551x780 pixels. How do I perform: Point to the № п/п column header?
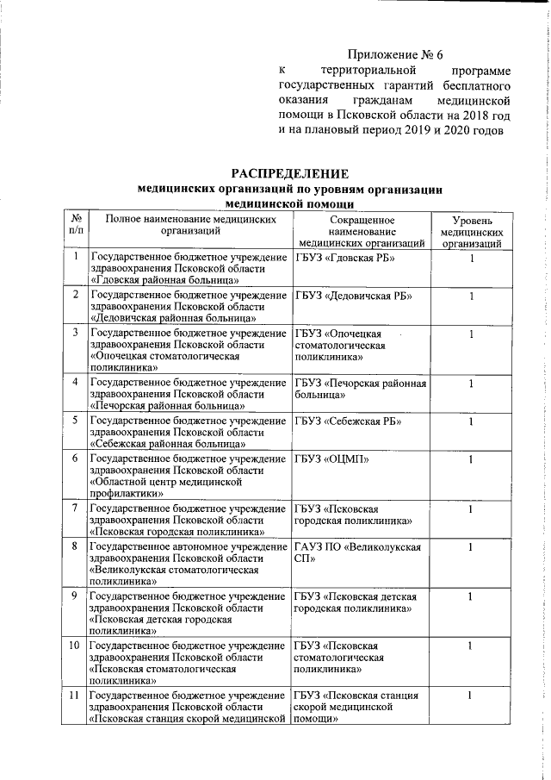(76, 226)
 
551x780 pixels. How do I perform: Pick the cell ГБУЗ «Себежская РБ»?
(349, 421)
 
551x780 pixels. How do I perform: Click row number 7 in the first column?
(76, 509)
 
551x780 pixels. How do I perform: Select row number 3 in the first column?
(76, 334)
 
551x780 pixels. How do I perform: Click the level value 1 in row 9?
(471, 596)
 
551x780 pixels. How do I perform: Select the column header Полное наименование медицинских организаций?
(189, 226)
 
